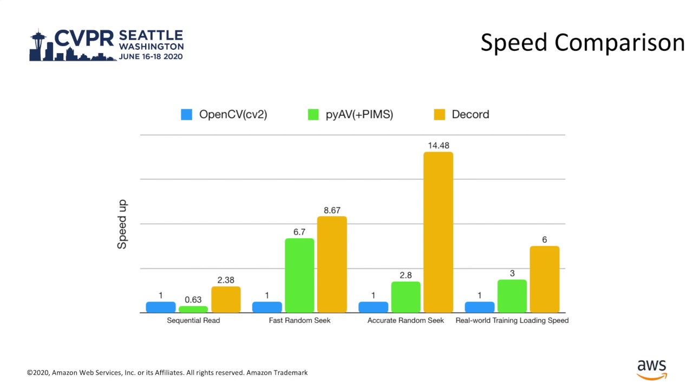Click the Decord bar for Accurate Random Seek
pos(438,232)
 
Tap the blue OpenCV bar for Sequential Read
pos(161,307)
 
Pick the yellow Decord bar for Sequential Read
pos(226,300)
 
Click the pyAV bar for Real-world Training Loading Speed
pos(512,296)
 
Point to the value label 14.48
pos(438,146)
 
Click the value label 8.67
pos(332,210)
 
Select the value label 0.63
pos(193,300)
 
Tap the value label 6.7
pos(299,232)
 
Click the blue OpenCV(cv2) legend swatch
pos(186,114)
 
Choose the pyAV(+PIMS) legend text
pos(359,114)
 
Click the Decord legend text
pos(470,114)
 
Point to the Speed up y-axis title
pos(122,224)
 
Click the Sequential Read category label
pos(193,321)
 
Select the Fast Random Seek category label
pos(299,321)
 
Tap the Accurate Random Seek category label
pos(406,321)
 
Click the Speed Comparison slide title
pos(582,43)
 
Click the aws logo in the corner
pos(651,369)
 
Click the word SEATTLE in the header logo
pos(151,35)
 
